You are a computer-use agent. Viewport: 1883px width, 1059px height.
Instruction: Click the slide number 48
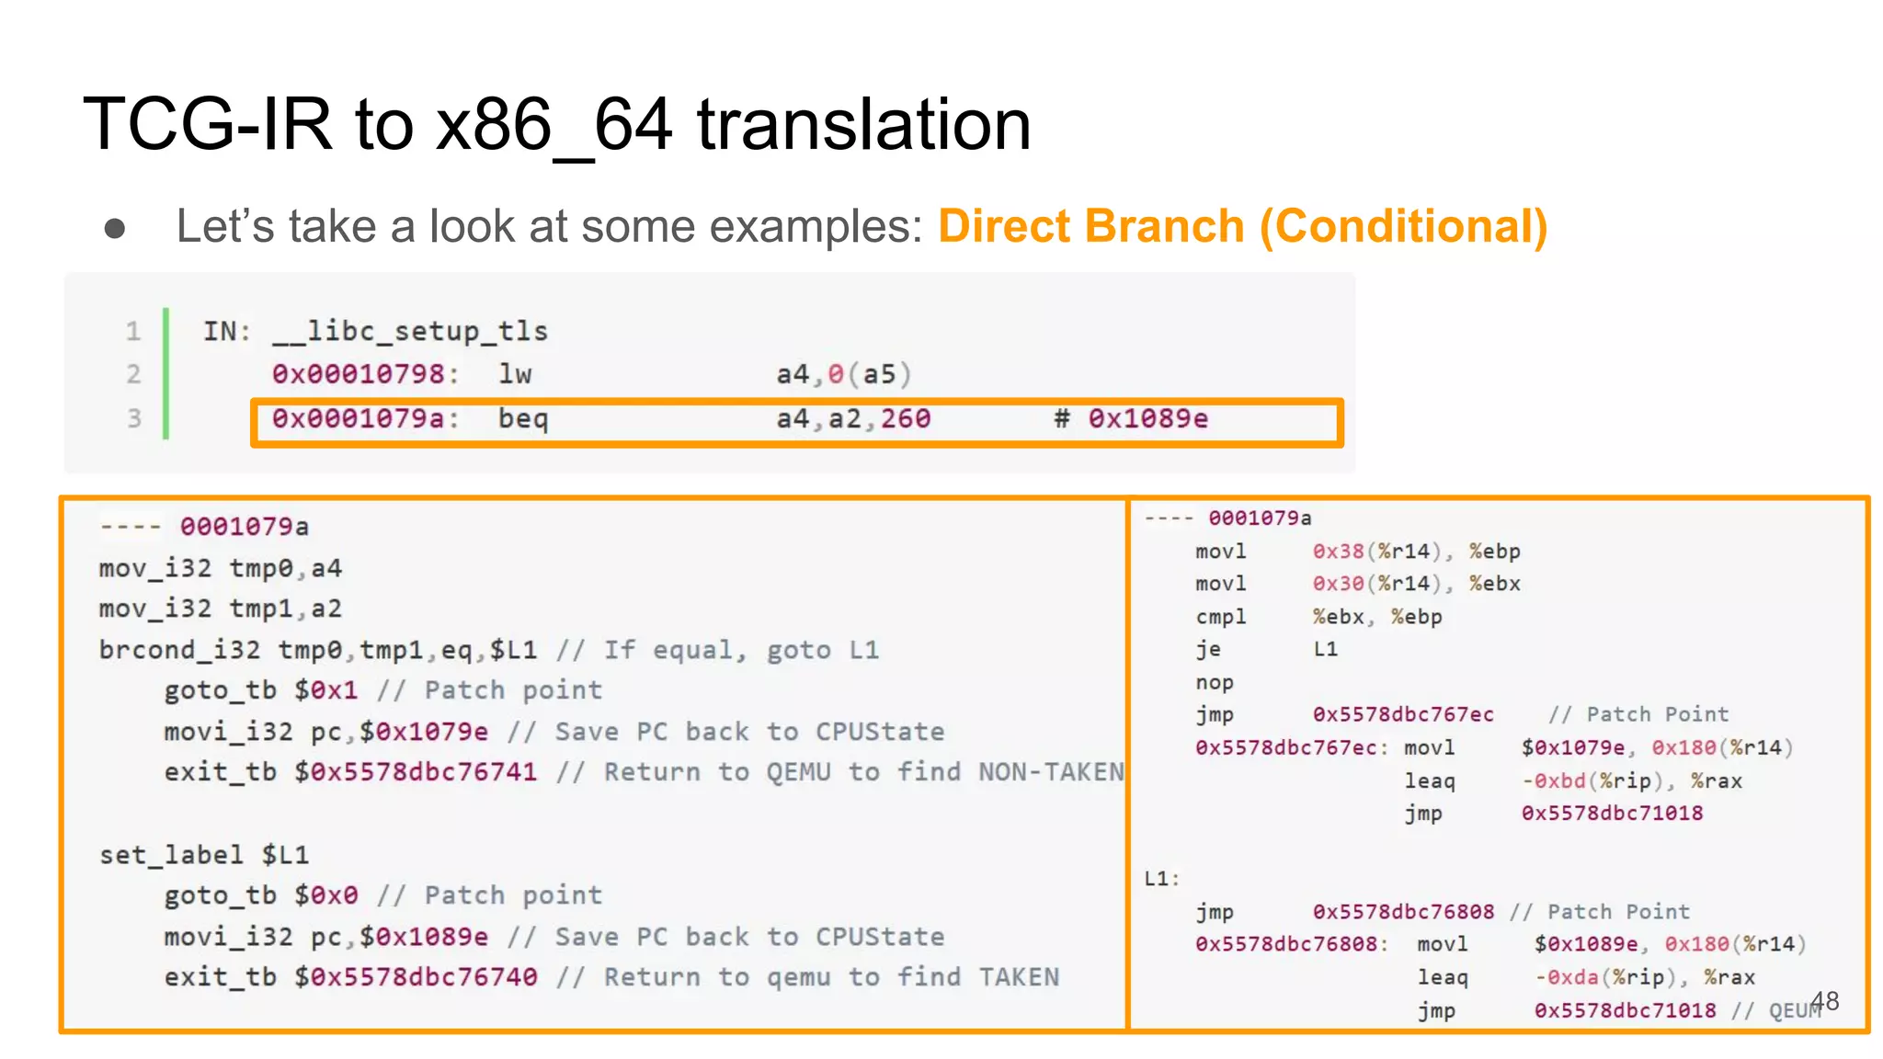click(1825, 1000)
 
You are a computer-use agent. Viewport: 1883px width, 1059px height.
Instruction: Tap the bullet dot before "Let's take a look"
click(115, 227)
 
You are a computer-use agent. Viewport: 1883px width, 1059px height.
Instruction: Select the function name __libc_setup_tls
click(410, 331)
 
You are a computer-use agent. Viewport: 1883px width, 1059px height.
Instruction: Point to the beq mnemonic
click(522, 419)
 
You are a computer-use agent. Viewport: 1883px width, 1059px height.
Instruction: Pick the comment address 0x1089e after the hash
click(1147, 419)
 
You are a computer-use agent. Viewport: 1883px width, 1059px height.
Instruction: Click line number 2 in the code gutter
click(134, 374)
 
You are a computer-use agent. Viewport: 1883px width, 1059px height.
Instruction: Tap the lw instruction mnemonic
click(515, 374)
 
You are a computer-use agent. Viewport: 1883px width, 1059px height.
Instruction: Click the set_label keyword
click(171, 855)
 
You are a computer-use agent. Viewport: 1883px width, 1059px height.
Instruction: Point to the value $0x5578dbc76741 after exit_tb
click(416, 772)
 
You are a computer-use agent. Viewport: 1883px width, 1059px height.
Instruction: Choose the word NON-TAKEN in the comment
click(1050, 772)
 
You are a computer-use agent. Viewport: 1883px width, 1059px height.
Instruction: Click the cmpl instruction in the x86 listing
click(1220, 617)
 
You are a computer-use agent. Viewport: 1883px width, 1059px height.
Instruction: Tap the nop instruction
click(1214, 683)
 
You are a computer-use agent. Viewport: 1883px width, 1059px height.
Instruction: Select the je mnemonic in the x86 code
click(1208, 650)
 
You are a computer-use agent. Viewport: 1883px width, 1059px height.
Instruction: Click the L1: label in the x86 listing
click(1161, 879)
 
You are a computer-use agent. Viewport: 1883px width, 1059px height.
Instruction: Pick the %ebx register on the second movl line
click(1494, 584)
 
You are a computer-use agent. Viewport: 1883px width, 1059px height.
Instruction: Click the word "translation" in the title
click(863, 124)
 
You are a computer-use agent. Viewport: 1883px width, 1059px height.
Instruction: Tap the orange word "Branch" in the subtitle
click(1164, 226)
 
